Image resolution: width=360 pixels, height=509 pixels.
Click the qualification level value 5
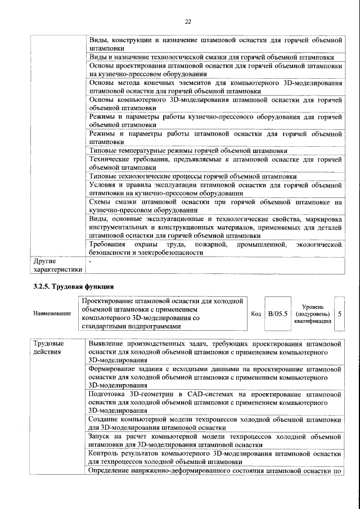pyautogui.click(x=340, y=313)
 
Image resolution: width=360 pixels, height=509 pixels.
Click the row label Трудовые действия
pyautogui.click(x=48, y=347)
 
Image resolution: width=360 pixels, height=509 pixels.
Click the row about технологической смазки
pyautogui.click(x=212, y=57)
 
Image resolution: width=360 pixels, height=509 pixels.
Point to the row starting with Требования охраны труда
pyautogui.click(x=215, y=249)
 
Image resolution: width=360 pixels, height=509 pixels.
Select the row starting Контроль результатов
pyautogui.click(x=215, y=457)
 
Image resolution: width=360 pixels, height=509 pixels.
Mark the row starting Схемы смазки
pyautogui.click(x=215, y=205)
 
